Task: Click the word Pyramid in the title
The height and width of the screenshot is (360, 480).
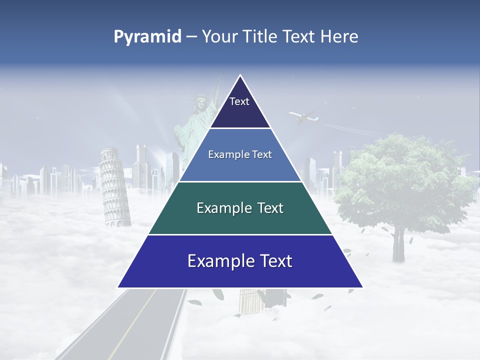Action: pyautogui.click(x=147, y=37)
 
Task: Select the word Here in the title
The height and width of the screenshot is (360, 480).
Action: pyautogui.click(x=339, y=37)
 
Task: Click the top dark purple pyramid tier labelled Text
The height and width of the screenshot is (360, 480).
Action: pyautogui.click(x=240, y=107)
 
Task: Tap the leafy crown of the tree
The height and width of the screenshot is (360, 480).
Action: pyautogui.click(x=400, y=180)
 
